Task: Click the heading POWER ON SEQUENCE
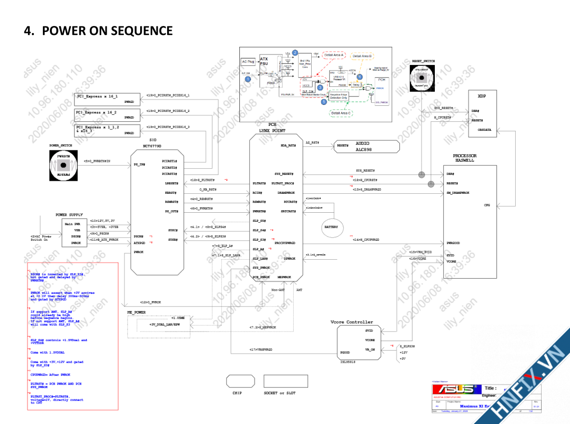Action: pos(98,31)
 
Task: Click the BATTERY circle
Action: pos(331,227)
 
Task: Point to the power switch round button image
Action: pos(63,166)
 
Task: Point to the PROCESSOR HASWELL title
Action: pos(464,158)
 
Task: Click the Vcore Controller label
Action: pos(351,322)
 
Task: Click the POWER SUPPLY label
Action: pos(68,215)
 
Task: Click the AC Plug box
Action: pos(248,62)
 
